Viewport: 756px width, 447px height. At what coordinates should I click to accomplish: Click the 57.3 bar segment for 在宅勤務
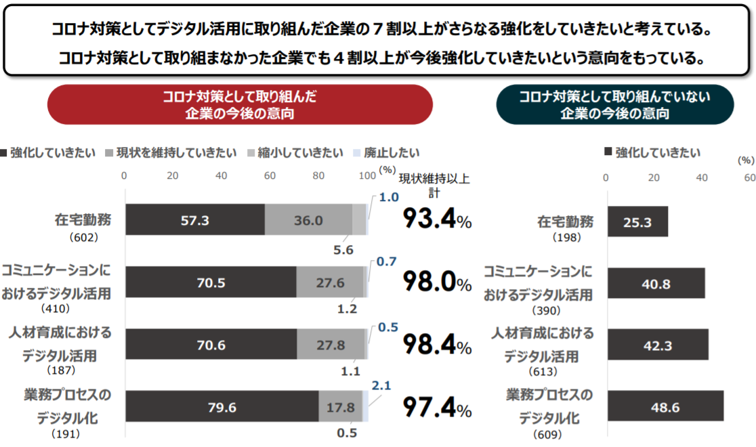194,221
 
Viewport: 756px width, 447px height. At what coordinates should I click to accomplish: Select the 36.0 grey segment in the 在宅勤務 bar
308,221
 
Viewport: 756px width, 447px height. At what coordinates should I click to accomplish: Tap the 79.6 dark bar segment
222,408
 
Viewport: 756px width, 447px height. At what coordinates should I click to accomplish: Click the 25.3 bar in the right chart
637,221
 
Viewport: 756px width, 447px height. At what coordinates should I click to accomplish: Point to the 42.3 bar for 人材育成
657,345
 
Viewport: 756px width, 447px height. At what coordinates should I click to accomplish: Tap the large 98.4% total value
437,345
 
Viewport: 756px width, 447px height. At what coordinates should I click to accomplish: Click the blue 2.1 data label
380,385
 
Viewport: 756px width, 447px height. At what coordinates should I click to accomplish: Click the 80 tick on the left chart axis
318,176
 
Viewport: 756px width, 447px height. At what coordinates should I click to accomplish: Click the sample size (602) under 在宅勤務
84,238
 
